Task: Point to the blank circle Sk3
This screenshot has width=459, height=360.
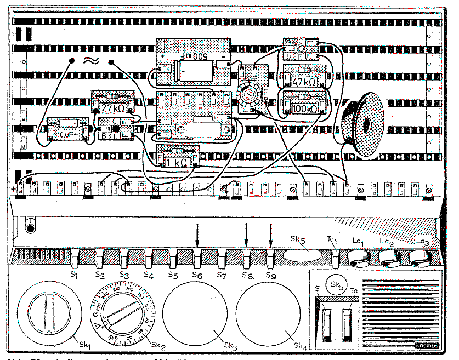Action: [195, 314]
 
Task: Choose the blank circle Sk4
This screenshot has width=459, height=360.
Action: [269, 314]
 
